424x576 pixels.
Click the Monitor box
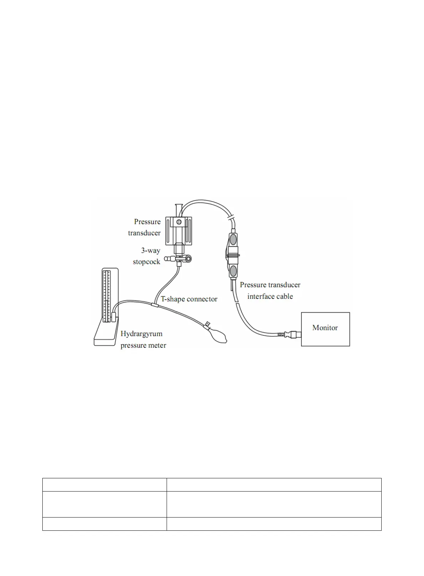click(x=325, y=329)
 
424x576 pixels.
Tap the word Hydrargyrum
click(x=141, y=334)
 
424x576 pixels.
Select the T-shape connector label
click(x=189, y=299)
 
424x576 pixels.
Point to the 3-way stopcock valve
click(x=178, y=258)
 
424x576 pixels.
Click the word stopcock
click(x=146, y=262)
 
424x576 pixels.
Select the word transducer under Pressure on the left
click(x=144, y=233)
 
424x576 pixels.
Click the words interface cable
click(x=270, y=296)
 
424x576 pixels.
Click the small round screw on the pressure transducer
click(x=179, y=222)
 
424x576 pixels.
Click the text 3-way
click(x=151, y=251)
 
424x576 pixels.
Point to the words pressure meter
click(x=143, y=345)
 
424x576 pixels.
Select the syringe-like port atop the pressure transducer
click(x=179, y=209)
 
